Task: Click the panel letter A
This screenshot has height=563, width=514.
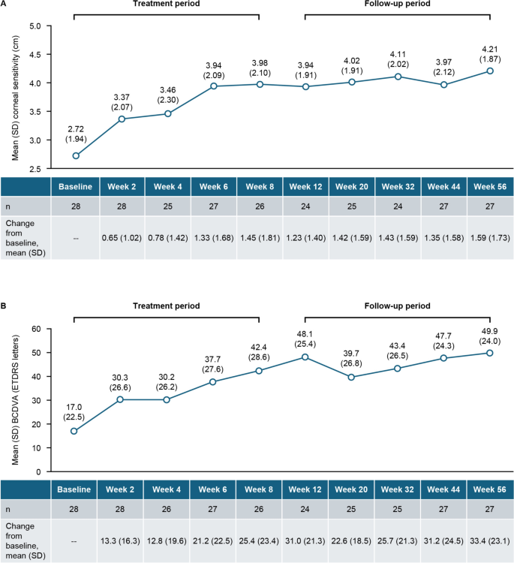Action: [x=5, y=4]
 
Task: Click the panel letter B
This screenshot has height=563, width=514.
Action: [x=5, y=306]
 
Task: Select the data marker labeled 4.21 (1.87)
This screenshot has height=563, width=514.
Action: [x=489, y=71]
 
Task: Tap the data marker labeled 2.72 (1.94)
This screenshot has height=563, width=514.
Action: [x=76, y=155]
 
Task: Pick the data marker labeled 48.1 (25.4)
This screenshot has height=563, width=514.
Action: [x=305, y=357]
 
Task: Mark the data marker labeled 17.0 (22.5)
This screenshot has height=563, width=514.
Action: [x=74, y=431]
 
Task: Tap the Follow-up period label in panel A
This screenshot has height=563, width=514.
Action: [x=398, y=4]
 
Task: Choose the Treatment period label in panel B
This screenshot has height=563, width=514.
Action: [x=166, y=306]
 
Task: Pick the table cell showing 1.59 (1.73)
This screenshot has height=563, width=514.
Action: [x=489, y=236]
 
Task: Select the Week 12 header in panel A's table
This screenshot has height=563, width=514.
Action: [x=305, y=186]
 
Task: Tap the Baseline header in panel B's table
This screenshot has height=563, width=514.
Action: [x=74, y=489]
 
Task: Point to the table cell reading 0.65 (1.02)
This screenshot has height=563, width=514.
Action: [x=120, y=236]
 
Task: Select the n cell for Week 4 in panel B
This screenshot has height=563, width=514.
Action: [x=167, y=509]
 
